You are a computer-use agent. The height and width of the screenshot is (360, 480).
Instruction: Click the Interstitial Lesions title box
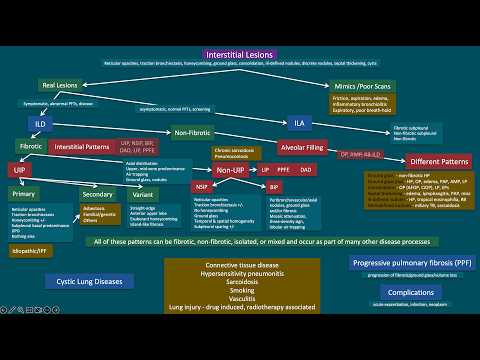tap(240, 53)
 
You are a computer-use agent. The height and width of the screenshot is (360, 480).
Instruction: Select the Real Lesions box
tap(61, 87)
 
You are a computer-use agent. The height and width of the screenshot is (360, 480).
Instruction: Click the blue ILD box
tap(39, 122)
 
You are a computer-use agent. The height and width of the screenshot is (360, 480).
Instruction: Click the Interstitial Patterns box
tap(81, 146)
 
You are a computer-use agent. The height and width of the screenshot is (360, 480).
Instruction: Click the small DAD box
tap(306, 171)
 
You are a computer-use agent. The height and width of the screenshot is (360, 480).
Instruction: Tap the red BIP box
tap(275, 186)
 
